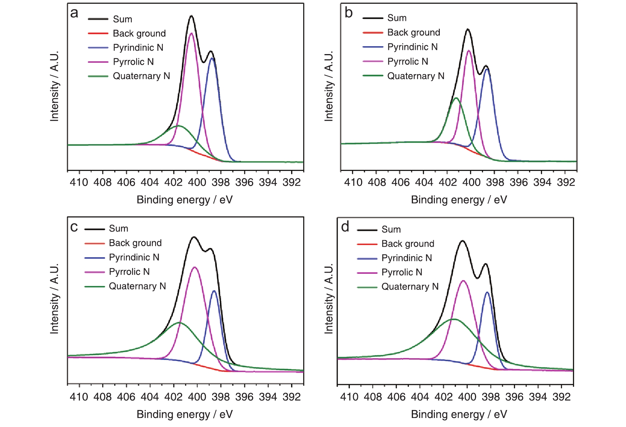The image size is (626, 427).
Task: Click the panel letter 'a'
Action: tap(74, 13)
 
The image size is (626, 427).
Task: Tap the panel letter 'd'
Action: tap(345, 227)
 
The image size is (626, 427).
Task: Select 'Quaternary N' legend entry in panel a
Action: tap(141, 76)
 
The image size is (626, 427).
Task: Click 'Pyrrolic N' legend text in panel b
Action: tap(408, 61)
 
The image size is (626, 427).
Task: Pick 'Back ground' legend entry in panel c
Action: tap(135, 243)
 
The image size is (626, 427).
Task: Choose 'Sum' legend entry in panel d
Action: tap(391, 229)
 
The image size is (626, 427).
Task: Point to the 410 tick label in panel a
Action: tap(79, 182)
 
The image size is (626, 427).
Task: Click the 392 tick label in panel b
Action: tap(566, 182)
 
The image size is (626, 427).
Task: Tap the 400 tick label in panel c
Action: tap(197, 397)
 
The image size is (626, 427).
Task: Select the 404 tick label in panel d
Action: tap(420, 397)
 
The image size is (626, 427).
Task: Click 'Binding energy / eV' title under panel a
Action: tap(185, 200)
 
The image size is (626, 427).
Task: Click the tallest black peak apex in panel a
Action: tap(192, 16)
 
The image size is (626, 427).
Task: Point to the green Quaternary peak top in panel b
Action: tap(456, 98)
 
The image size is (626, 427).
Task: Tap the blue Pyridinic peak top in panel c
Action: tap(214, 290)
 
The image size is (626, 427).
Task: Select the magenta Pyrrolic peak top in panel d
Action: tap(463, 281)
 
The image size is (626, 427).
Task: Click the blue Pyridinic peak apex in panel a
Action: tap(212, 58)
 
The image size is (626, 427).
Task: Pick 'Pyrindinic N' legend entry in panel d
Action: tap(406, 258)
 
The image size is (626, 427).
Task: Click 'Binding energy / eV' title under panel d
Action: tap(459, 414)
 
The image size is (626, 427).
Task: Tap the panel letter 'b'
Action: tap(349, 13)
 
